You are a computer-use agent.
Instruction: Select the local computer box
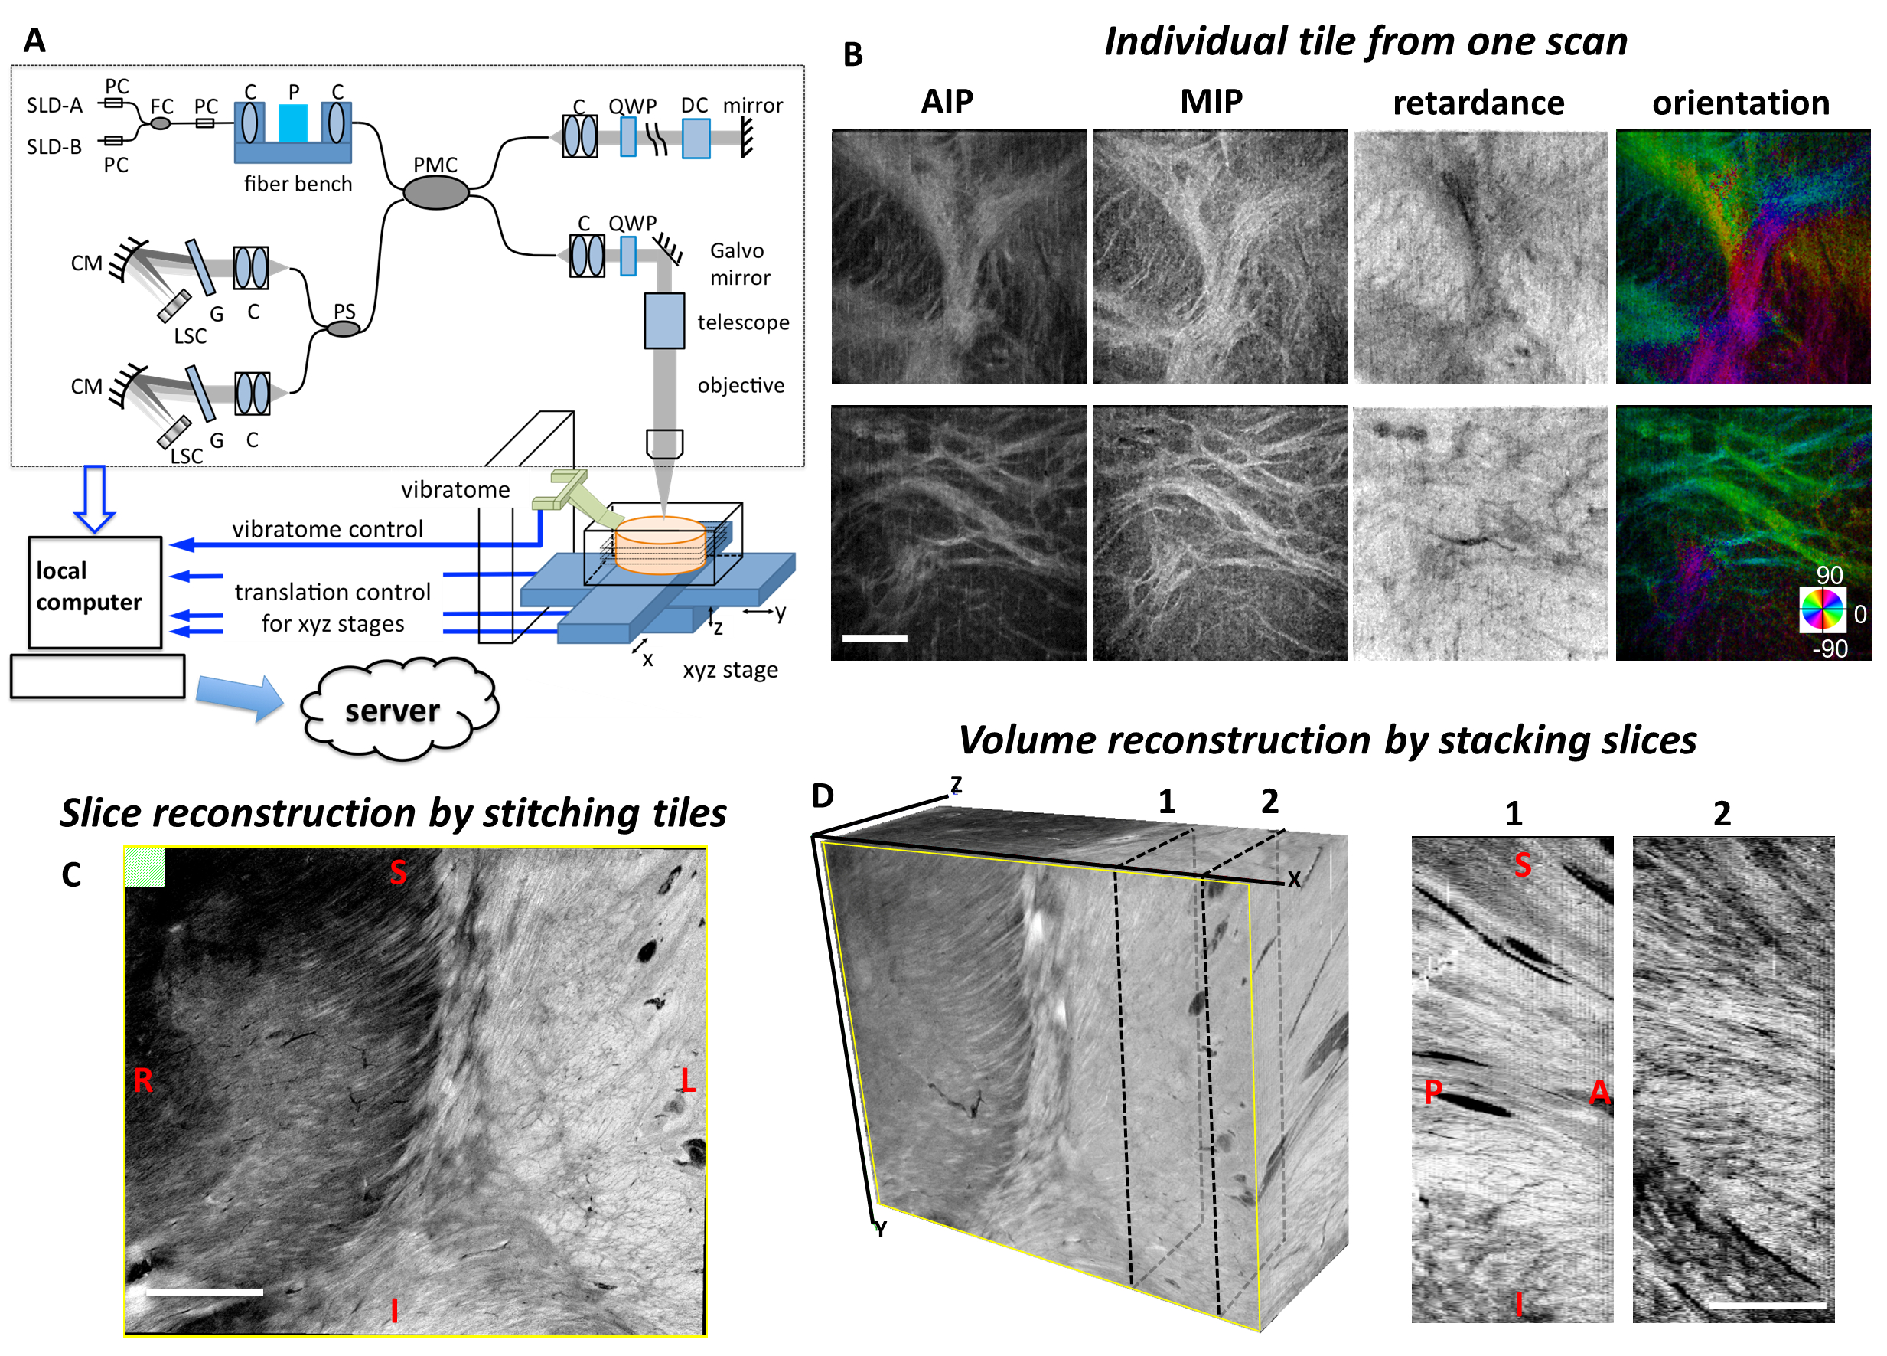point(94,591)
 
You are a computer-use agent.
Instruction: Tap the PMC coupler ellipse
point(435,192)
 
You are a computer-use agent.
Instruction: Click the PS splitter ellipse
point(343,328)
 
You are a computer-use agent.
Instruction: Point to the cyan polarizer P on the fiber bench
point(293,123)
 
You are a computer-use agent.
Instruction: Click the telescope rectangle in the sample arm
point(664,321)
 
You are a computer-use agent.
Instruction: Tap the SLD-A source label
point(55,105)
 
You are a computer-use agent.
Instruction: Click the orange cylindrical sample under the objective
point(660,545)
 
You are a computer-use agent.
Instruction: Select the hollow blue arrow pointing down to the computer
point(94,498)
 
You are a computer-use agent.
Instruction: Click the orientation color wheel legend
point(1821,609)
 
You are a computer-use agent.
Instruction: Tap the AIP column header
point(947,102)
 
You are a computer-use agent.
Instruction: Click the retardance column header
point(1478,103)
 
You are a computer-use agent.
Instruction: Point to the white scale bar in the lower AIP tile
point(874,638)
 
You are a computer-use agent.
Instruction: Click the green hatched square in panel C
point(145,868)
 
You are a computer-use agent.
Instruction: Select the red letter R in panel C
point(142,1080)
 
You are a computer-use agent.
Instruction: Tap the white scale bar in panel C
point(204,1291)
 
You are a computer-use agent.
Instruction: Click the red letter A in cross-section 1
point(1599,1091)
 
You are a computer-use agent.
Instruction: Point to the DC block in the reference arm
point(696,138)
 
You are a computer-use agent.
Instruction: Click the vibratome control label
point(327,529)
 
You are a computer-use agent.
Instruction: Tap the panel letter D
point(822,796)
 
